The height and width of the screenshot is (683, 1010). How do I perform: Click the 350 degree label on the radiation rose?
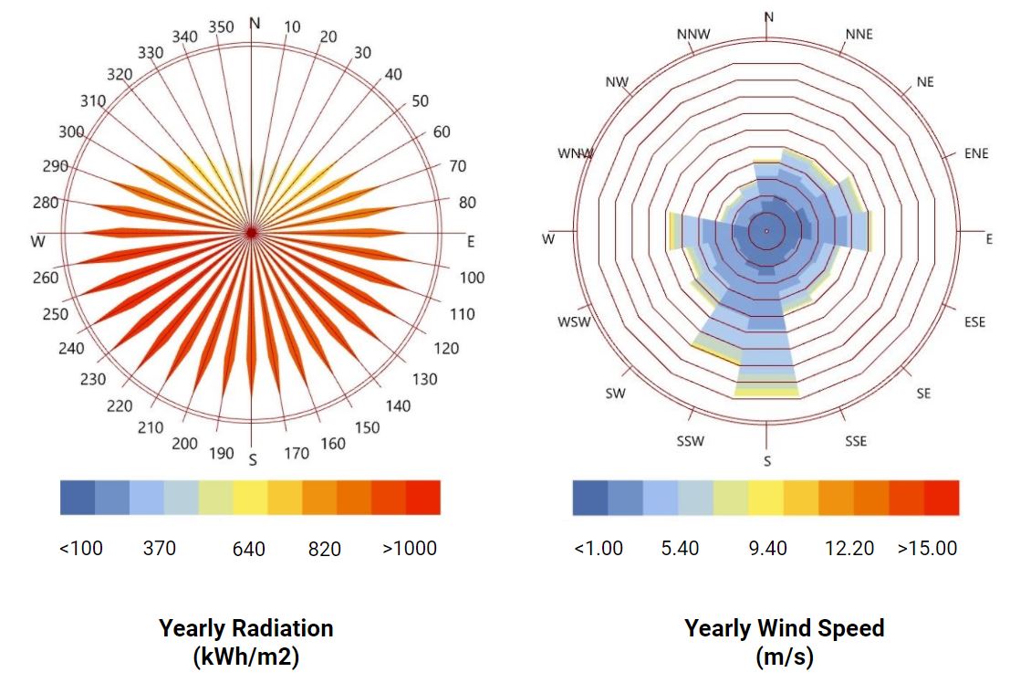coord(221,26)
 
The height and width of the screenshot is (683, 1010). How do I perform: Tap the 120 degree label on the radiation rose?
coord(446,348)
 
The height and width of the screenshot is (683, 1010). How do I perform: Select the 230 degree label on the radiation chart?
coord(92,379)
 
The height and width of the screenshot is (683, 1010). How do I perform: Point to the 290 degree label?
coord(55,166)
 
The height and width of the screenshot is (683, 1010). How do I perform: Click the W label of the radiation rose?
coord(38,242)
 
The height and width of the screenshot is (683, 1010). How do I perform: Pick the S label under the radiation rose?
coord(253,459)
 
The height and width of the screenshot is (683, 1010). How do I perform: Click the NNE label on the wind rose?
coord(859,35)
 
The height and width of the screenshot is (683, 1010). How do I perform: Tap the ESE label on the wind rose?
coord(974,322)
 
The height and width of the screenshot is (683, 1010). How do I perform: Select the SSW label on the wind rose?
coord(690,442)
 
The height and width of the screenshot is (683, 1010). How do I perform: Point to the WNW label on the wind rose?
coord(576,153)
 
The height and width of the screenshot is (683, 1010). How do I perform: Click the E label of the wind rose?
coord(989,239)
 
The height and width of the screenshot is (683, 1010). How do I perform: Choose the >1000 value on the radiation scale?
coord(410,549)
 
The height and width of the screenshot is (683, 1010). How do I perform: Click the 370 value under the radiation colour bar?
coord(160,549)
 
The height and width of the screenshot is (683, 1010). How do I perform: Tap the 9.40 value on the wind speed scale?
coord(767,549)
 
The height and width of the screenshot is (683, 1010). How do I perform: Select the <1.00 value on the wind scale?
coord(599,549)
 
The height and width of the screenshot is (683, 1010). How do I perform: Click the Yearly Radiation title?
coord(246,628)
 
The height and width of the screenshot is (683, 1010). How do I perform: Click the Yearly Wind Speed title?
coord(785,628)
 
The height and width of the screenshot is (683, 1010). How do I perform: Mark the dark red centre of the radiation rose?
coord(252,233)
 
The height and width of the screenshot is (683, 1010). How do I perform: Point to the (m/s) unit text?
coord(785,656)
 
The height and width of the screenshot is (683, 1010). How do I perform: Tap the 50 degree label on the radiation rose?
coord(420,101)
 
